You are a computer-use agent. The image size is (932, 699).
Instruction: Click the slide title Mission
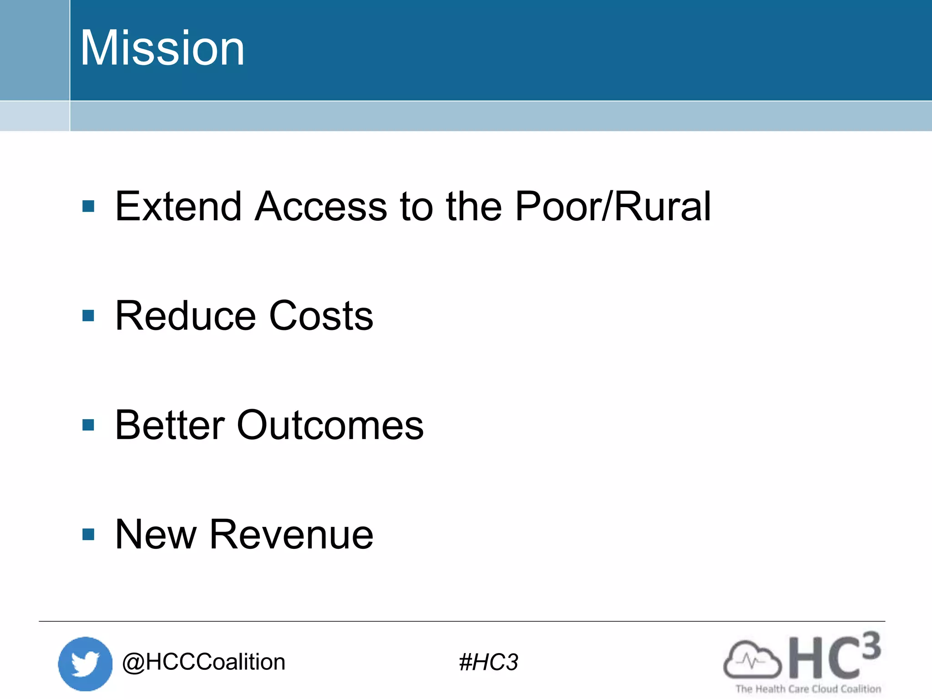coord(162,48)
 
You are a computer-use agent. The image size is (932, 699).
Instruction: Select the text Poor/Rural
coord(613,207)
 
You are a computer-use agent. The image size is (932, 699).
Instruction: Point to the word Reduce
coord(186,316)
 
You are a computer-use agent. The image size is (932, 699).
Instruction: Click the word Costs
coord(321,316)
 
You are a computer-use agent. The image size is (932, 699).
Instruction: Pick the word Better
coord(170,425)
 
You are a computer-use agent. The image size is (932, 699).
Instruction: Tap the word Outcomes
coord(330,425)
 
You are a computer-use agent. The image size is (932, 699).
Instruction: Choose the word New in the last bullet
coord(156,535)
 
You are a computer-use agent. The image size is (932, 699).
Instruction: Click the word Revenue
coord(291,535)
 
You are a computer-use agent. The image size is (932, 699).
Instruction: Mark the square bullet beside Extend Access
coord(88,207)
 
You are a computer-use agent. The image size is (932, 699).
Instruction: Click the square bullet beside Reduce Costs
coord(88,316)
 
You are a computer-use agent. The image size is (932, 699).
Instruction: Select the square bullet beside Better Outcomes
coord(88,425)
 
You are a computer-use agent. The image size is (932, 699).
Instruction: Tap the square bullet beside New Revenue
coord(88,534)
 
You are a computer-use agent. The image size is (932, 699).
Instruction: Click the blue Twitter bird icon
coord(85,664)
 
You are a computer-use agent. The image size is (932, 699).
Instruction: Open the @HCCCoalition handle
coord(203,662)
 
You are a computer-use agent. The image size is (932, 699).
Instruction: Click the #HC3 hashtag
coord(488,662)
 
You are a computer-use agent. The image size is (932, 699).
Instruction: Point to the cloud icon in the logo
coord(752,660)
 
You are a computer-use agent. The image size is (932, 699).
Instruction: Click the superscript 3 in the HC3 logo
coord(871,646)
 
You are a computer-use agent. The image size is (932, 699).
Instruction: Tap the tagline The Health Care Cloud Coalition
coord(808,689)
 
